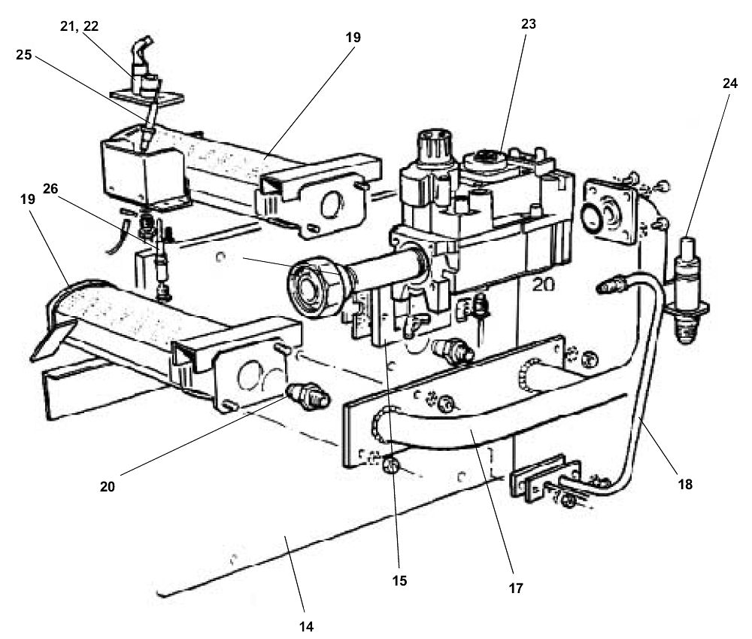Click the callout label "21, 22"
(79, 26)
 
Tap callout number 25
(24, 54)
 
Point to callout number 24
(729, 84)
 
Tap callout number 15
(399, 580)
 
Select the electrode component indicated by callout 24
(689, 282)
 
